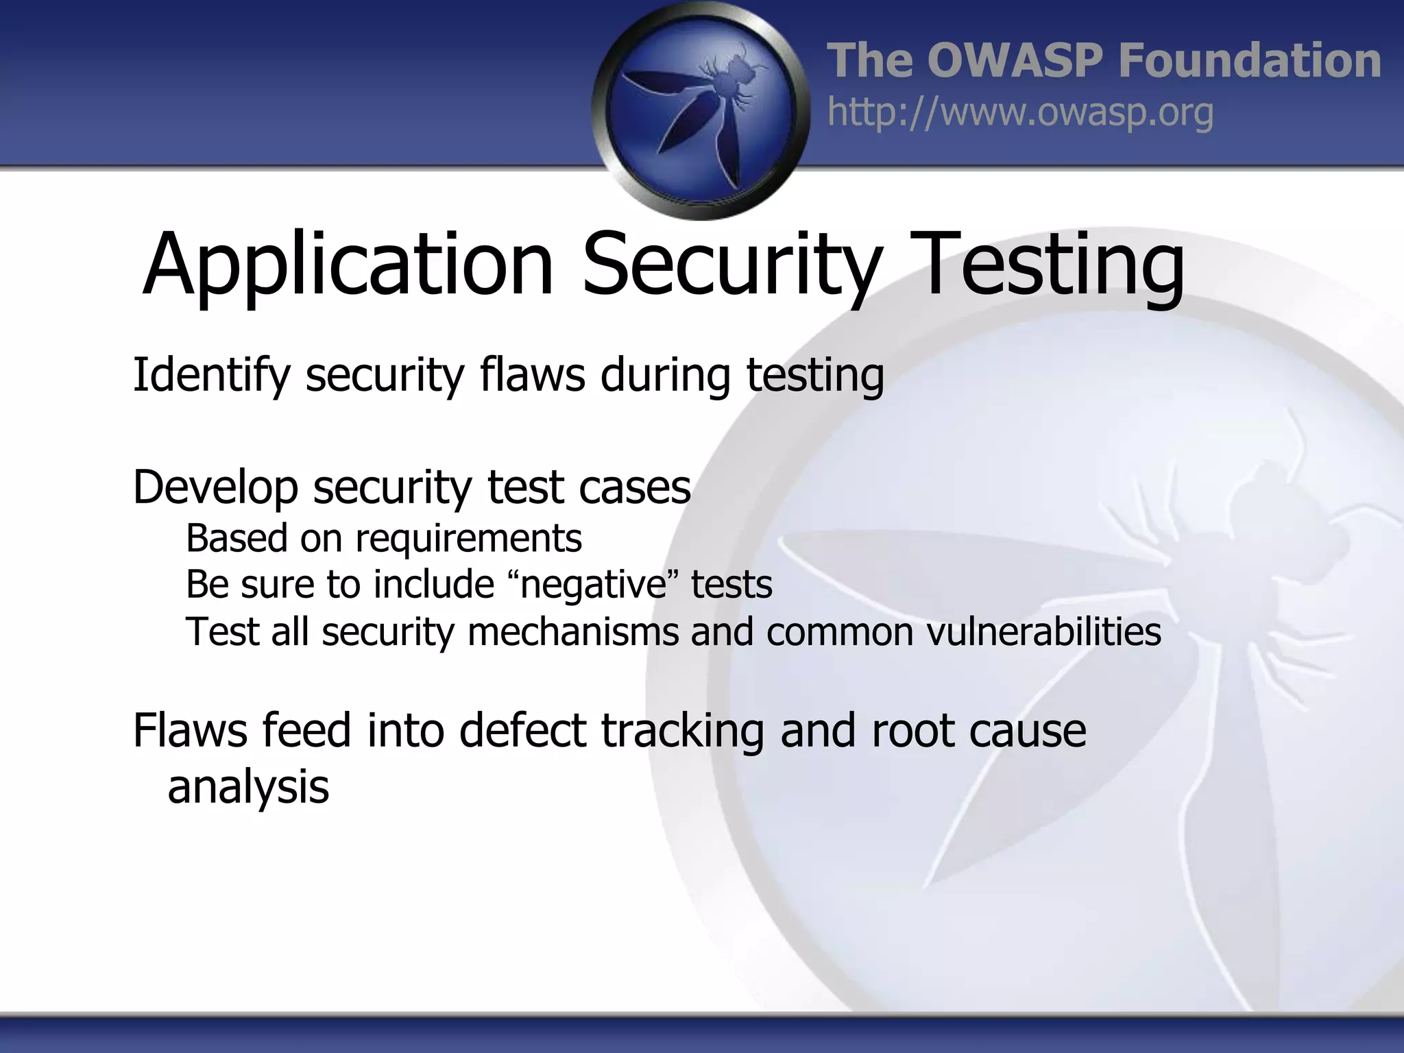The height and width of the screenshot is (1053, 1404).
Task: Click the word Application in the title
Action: coord(348,265)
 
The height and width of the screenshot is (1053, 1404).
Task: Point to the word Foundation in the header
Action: coord(1249,60)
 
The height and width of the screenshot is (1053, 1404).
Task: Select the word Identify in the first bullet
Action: coord(211,376)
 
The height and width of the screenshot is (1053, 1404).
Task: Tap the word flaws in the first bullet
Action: coord(533,376)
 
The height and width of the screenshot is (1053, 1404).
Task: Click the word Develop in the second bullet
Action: coord(215,487)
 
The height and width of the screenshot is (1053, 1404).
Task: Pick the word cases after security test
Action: coord(634,487)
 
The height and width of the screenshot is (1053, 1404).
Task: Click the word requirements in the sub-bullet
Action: coord(468,538)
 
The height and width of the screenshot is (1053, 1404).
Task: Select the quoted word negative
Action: coord(593,585)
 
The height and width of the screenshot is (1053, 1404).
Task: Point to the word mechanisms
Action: coord(572,631)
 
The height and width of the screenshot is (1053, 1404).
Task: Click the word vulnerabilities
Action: coord(1043,631)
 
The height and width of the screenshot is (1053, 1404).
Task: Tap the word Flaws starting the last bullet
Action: coord(189,730)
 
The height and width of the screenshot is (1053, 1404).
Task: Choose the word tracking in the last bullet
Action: coord(682,730)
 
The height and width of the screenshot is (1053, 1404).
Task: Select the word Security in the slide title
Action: coord(731,265)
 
